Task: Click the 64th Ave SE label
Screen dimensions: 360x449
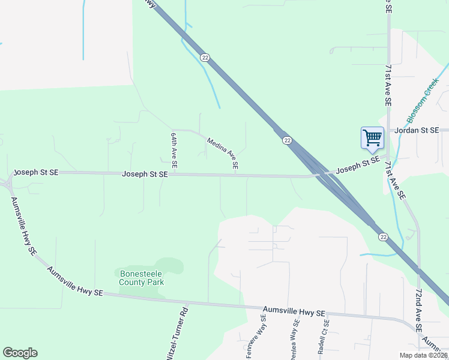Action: pos(173,150)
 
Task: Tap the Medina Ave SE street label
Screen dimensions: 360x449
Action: pos(222,153)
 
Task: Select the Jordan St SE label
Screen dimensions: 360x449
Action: pos(414,130)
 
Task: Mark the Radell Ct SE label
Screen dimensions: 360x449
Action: pos(324,336)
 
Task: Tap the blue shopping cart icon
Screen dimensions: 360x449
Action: pos(372,138)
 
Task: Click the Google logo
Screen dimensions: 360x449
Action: pos(20,353)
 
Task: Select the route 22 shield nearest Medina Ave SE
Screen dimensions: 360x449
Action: pos(288,140)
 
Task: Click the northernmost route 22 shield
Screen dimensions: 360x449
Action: pos(205,57)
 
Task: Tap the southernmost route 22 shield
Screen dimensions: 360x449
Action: pos(382,237)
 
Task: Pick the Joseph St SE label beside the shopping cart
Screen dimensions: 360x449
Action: pos(357,166)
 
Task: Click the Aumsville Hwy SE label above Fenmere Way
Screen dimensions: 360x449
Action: pos(294,313)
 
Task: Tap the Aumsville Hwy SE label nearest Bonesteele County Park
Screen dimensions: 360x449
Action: pos(75,282)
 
